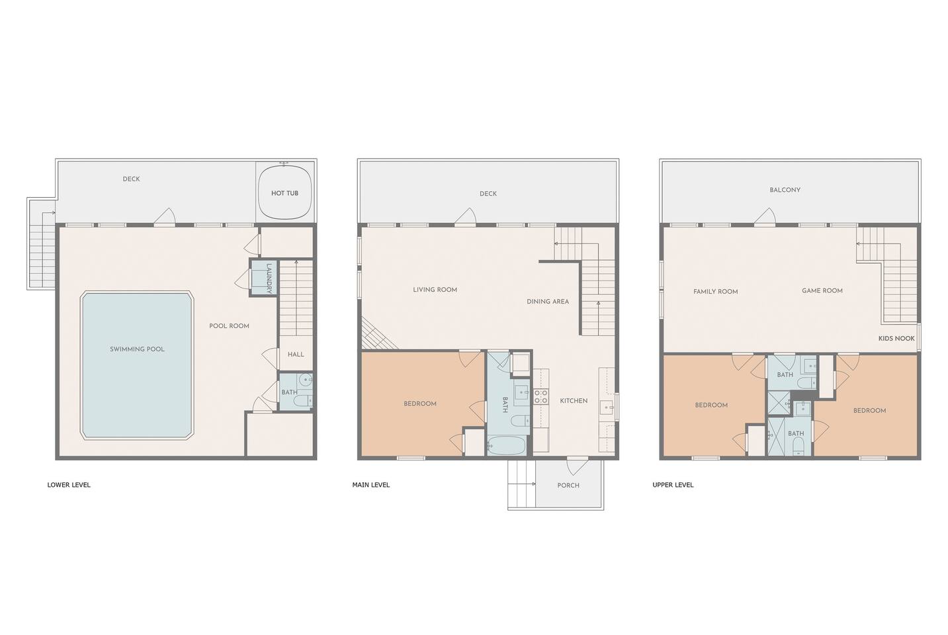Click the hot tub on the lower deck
click(x=285, y=193)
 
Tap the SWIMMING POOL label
click(x=137, y=349)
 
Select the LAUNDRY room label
click(x=269, y=278)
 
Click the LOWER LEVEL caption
click(x=69, y=485)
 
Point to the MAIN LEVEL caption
click(x=371, y=485)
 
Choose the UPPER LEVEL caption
click(x=673, y=485)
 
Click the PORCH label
click(x=568, y=486)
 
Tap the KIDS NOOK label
click(x=896, y=339)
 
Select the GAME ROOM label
click(x=822, y=290)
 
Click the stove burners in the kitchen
click(x=541, y=397)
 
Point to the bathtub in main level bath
click(x=507, y=445)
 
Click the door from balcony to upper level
click(x=764, y=216)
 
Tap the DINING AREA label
click(x=548, y=302)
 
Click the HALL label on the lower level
click(x=296, y=355)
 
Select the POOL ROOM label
click(x=230, y=325)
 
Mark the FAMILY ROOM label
click(x=716, y=292)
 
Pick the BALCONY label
click(x=785, y=190)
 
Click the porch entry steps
click(x=522, y=484)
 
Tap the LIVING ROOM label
click(x=435, y=290)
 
